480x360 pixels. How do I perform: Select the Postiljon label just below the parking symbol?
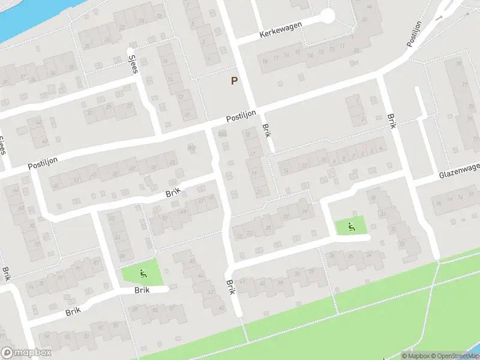[241, 116]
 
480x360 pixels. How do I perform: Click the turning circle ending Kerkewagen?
[327, 16]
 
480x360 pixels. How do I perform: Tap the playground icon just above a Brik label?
[143, 275]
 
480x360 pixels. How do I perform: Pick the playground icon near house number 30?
[350, 226]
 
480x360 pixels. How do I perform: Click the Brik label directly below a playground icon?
[142, 290]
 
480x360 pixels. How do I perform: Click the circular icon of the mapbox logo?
[7, 353]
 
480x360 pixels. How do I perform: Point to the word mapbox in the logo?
[33, 353]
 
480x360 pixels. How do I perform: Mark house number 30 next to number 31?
[373, 199]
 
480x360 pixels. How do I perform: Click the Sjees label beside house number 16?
[134, 63]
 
